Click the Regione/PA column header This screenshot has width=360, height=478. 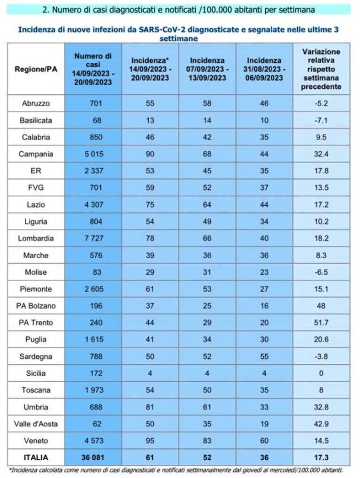tap(36, 69)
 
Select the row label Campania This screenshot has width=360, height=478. tap(36, 154)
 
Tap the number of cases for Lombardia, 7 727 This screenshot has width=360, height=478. tap(94, 238)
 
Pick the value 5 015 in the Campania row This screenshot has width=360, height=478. tap(94, 154)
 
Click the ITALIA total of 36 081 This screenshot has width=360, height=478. tap(92, 458)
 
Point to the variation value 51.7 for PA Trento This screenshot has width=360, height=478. tap(321, 323)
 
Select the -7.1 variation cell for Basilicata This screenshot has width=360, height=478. tap(321, 120)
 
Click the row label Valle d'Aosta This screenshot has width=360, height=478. tap(36, 424)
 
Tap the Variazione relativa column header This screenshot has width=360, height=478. tap(321, 69)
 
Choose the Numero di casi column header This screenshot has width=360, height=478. tap(93, 69)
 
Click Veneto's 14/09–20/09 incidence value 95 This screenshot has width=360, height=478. tap(150, 440)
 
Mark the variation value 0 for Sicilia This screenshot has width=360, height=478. tap(321, 373)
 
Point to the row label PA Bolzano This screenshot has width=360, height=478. tap(36, 306)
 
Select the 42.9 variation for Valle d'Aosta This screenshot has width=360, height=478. tap(321, 424)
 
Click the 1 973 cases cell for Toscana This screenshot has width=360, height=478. tap(94, 390)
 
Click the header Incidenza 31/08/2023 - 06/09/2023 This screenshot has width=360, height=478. tap(264, 69)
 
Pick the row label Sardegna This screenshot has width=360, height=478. tap(36, 356)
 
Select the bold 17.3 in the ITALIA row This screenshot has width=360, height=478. tap(321, 458)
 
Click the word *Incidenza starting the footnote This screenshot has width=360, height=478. tap(23, 470)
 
